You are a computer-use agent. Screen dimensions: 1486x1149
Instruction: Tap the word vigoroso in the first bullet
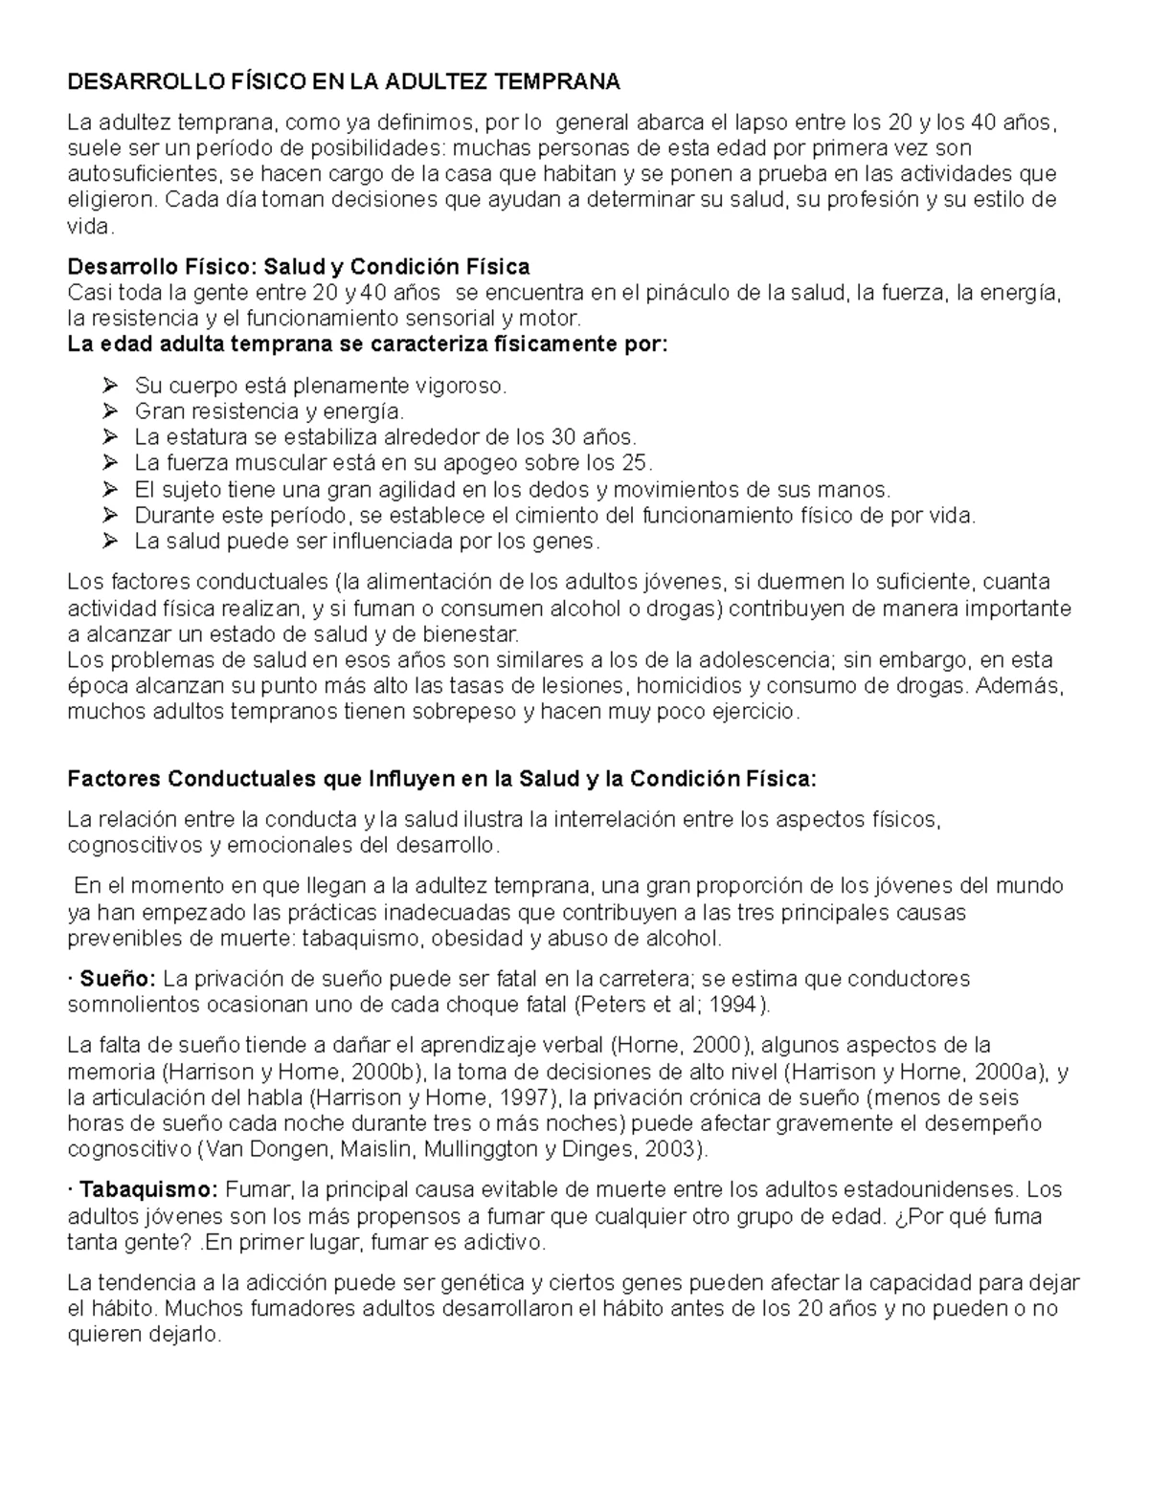pos(458,386)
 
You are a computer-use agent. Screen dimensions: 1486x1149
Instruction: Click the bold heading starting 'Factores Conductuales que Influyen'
pos(442,779)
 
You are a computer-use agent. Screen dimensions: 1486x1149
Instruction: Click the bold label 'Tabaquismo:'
pos(148,1190)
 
